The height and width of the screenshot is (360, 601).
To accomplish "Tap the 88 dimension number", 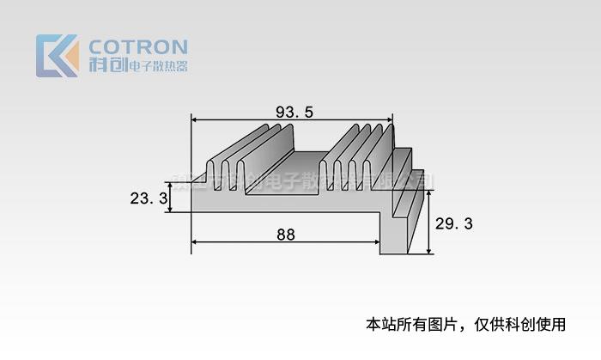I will [x=286, y=234].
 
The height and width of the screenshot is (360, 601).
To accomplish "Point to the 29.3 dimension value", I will [x=454, y=223].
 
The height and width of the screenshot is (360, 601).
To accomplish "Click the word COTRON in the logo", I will [x=137, y=46].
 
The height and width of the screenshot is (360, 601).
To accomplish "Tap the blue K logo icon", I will [x=57, y=56].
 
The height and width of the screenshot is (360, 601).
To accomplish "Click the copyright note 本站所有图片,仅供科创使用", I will [x=466, y=325].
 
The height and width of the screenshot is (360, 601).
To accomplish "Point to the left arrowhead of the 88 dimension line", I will [x=194, y=242].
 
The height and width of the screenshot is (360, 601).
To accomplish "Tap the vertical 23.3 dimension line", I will [x=171, y=198].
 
